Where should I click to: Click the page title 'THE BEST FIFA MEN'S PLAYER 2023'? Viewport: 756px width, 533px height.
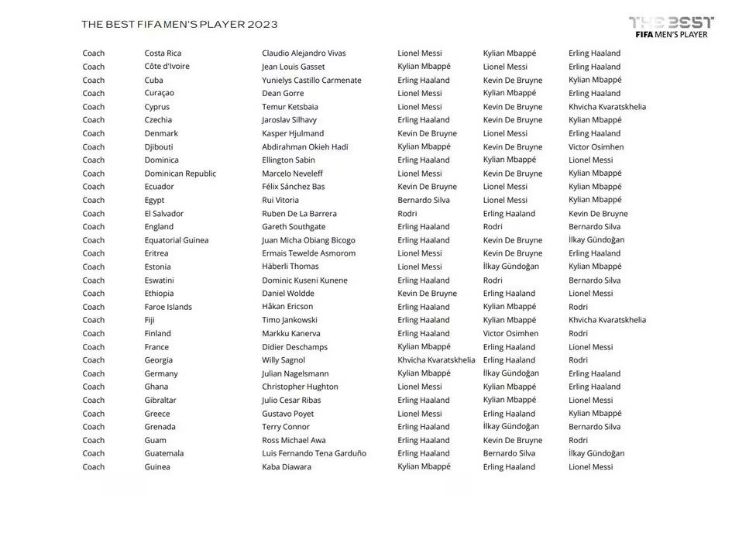180,24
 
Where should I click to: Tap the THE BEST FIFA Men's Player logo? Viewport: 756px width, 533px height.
671,27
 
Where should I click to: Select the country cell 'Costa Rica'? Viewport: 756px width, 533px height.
163,53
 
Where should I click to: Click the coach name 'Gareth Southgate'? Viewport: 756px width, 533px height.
294,227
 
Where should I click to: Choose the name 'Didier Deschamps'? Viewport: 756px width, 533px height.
294,347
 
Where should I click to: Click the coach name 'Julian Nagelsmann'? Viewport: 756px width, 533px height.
295,373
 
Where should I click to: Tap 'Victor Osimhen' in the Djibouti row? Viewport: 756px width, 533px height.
596,147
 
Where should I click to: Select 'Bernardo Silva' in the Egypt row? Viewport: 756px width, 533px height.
424,200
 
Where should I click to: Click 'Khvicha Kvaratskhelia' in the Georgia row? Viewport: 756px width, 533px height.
436,360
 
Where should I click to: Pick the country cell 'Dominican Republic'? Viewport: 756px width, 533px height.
180,174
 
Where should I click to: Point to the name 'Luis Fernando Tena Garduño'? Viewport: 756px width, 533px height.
314,453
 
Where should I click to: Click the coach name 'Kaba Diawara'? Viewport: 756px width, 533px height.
287,467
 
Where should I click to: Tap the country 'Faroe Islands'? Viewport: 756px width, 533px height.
168,307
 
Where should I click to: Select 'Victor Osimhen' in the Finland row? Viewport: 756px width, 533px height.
510,334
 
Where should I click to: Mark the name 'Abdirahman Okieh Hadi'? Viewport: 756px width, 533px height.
304,147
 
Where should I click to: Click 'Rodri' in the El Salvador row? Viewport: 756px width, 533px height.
407,214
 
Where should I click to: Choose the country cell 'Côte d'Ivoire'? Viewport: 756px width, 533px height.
167,67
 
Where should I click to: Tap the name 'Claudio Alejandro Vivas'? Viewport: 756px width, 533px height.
304,53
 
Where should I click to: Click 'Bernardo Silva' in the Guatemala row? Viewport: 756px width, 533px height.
509,453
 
